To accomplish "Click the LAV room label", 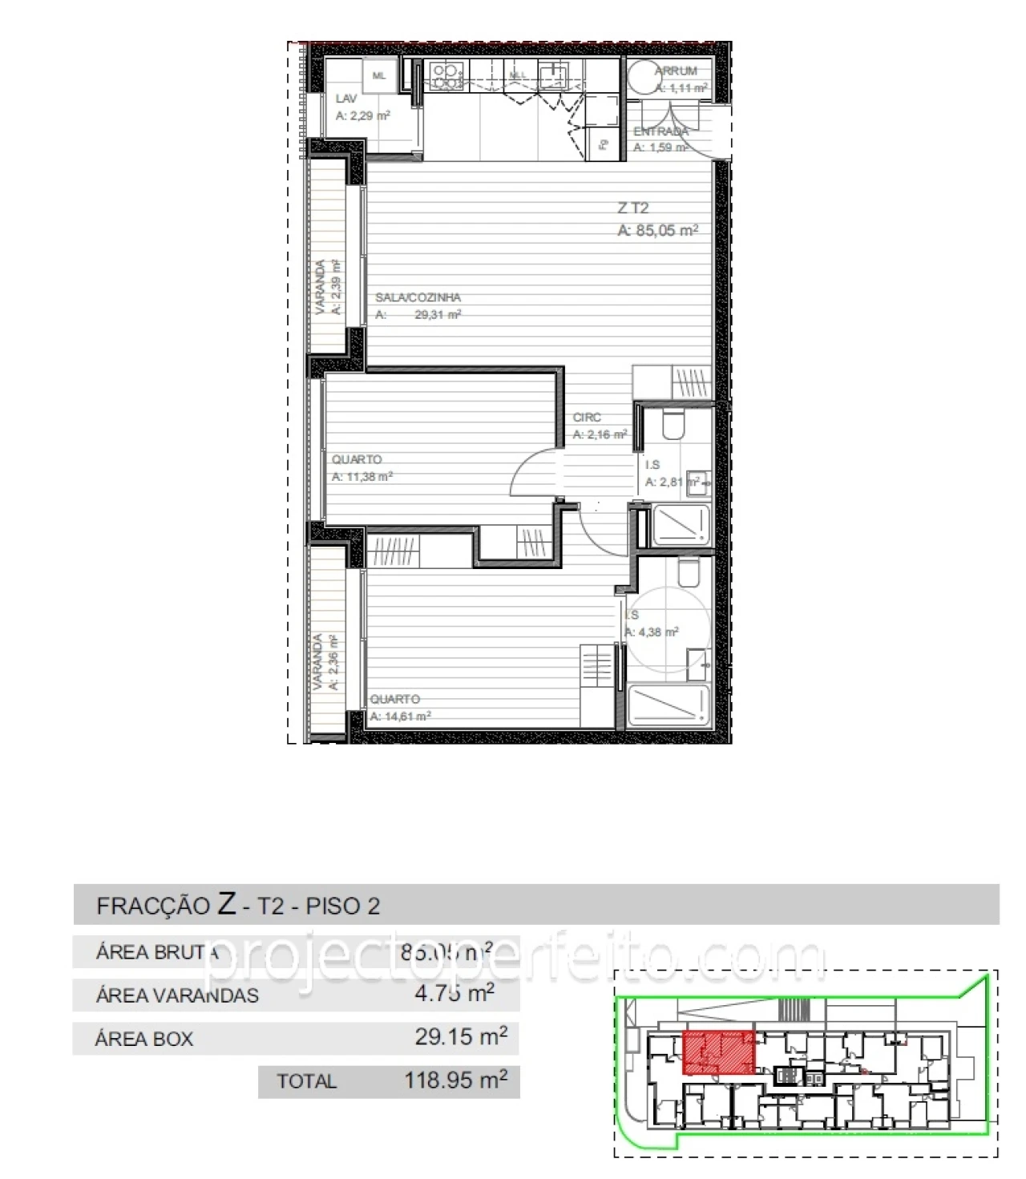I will pos(346,99).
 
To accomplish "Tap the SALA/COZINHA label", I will pos(418,297).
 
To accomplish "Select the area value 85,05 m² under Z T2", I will pos(657,231).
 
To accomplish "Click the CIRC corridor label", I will pos(587,418).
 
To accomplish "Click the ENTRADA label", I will pos(660,131).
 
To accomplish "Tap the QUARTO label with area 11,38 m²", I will pos(357,459).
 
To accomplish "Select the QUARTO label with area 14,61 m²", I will pos(394,699).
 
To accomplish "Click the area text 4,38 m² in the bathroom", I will pos(652,632).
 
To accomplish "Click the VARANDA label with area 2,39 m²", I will pos(321,286).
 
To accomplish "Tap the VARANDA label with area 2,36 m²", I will pos(318,661).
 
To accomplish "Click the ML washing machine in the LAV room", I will pos(379,76).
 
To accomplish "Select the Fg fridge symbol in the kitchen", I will pos(604,144).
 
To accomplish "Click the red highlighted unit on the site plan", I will pos(718,1052).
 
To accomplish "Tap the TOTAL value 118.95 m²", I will pos(455,1080).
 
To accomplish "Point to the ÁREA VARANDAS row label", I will pos(177,995).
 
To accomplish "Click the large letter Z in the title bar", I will pos(227,904).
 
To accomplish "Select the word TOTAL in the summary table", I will pos(306,1081).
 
